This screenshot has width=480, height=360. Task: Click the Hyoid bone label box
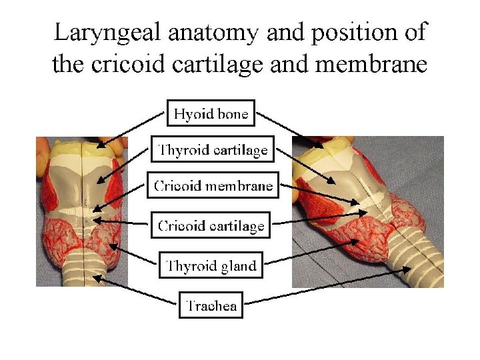point(211,114)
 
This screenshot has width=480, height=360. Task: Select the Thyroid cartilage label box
point(213,150)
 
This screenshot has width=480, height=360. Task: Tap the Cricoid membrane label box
point(213,185)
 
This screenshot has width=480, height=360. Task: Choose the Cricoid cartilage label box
point(211,226)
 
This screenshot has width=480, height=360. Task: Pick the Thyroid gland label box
point(211,266)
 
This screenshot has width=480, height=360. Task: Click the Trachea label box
point(211,306)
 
